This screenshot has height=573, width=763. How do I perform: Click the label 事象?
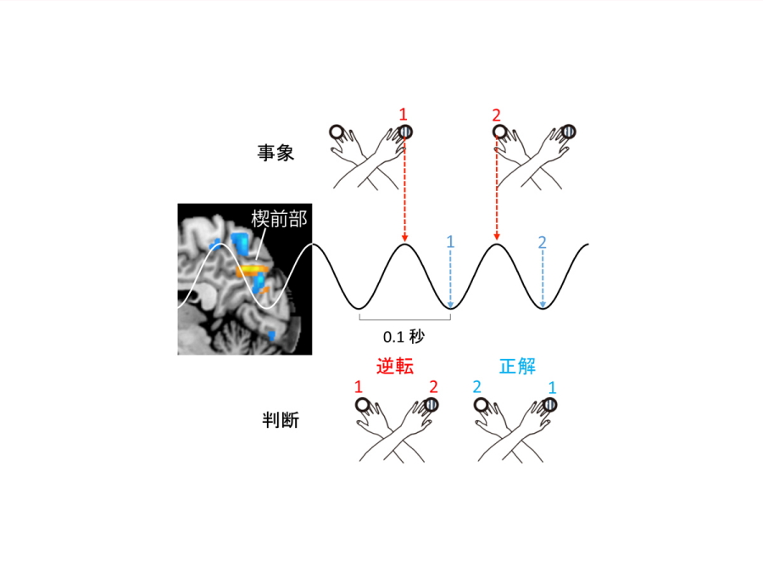276,153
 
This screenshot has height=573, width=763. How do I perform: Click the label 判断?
281,419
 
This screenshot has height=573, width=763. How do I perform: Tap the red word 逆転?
394,366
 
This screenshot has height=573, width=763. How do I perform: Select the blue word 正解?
517,366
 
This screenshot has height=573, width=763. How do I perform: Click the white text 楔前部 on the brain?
279,219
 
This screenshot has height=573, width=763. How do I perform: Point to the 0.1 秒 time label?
404,336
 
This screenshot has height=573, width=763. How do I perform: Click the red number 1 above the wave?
403,115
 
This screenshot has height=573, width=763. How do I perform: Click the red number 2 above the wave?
496,115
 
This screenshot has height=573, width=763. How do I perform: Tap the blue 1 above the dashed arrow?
450,242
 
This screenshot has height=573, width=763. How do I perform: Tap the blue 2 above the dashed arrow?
542,242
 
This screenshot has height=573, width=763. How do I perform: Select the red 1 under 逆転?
359,387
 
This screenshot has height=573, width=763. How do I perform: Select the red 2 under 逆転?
433,387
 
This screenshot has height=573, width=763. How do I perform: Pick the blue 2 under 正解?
476,387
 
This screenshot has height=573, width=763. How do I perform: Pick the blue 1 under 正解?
552,388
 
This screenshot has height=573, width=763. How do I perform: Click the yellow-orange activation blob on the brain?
252,271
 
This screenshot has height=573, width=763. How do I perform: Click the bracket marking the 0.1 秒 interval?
405,317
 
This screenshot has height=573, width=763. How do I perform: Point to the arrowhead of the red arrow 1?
404,238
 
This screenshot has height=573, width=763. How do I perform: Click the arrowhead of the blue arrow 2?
543,305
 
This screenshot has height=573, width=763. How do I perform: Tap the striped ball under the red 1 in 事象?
405,132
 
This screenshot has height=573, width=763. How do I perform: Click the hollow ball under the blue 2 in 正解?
481,405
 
